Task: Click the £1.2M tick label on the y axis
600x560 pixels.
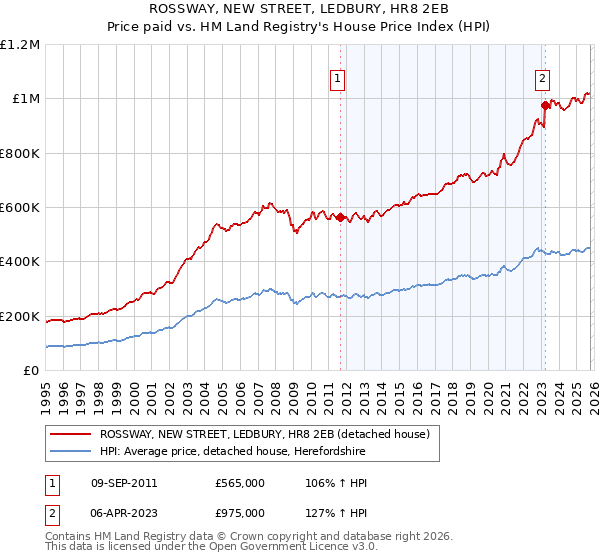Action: (x=20, y=45)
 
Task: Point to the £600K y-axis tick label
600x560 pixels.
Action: (x=20, y=208)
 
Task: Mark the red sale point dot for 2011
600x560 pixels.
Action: (x=340, y=217)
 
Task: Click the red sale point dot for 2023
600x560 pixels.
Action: (x=545, y=105)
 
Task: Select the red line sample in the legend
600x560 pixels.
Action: (x=70, y=434)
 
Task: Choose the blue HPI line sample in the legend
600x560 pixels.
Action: (x=70, y=452)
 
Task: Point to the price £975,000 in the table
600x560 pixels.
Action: (x=239, y=512)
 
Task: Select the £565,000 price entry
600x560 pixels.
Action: (x=239, y=483)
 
